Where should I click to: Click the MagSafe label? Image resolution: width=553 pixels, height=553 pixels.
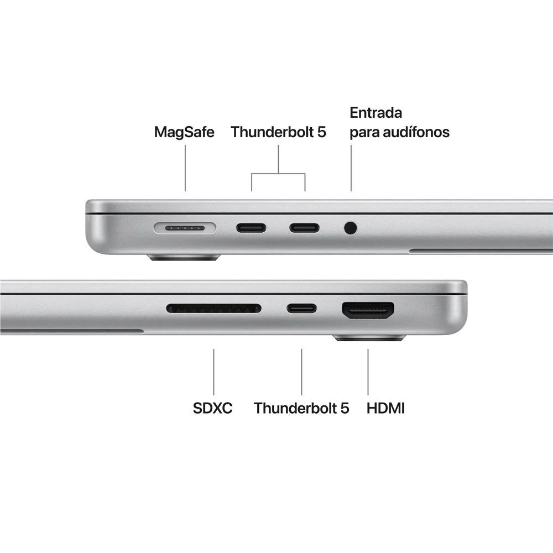click(x=184, y=133)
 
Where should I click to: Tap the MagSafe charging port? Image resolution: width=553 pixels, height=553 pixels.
click(x=185, y=227)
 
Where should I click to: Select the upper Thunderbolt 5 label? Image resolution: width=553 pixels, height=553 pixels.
click(x=278, y=133)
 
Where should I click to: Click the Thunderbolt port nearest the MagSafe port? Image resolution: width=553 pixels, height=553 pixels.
click(x=251, y=227)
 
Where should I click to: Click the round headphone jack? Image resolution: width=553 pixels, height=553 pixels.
click(x=350, y=227)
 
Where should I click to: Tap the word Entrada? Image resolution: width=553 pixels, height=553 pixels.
click(x=375, y=113)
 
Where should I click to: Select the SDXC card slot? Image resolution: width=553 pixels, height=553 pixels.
click(x=213, y=308)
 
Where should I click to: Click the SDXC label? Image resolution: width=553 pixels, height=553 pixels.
click(x=213, y=408)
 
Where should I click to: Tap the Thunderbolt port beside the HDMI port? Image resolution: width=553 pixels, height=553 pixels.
click(x=301, y=308)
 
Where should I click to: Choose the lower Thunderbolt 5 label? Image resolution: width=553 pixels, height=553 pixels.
click(x=301, y=408)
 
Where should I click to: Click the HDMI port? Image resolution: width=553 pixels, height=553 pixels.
click(x=368, y=311)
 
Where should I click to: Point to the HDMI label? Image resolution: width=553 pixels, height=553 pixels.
click(x=386, y=408)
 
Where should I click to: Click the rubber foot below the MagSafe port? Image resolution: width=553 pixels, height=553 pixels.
click(x=184, y=257)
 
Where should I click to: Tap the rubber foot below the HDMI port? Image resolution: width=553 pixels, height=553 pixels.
click(x=369, y=337)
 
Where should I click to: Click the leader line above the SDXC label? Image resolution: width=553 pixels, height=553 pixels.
click(x=213, y=372)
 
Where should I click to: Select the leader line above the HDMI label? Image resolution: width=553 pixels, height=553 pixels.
click(x=368, y=372)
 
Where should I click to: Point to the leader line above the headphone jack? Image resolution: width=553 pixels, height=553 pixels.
click(x=351, y=169)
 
